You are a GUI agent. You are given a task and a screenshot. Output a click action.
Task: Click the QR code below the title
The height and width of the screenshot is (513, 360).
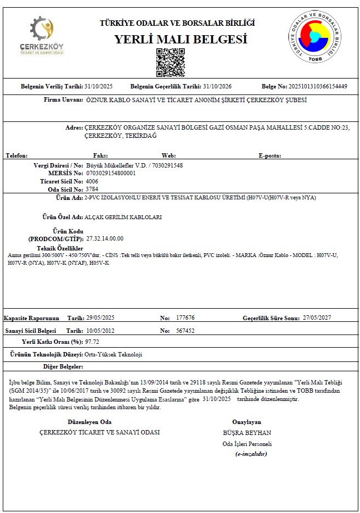point(170,63)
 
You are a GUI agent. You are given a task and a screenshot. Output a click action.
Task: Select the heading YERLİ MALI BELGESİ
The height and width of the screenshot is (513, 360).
point(181,40)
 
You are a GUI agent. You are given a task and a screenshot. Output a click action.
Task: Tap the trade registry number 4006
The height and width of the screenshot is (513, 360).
point(92,181)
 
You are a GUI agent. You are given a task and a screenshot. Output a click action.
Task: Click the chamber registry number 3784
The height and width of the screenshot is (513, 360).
point(92,189)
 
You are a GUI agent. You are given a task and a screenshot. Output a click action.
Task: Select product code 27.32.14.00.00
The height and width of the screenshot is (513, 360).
point(105,238)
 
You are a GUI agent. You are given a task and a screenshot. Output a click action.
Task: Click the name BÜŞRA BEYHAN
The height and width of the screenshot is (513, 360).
point(251,433)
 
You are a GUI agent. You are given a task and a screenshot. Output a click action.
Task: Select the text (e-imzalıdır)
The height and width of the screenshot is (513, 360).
point(251,454)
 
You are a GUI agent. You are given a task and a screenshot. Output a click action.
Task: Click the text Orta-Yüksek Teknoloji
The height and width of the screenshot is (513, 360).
point(113,355)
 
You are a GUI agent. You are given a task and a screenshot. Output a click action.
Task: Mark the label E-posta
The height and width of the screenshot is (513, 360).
point(269,156)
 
